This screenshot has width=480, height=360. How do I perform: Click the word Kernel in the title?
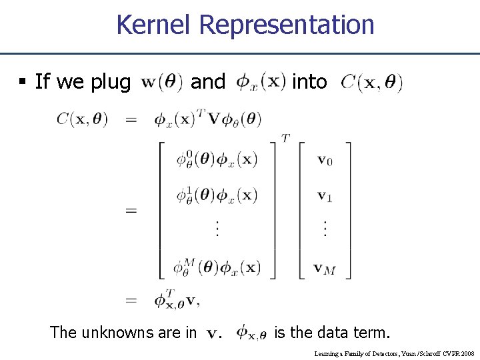[154, 25]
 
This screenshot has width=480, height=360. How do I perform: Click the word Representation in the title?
[287, 25]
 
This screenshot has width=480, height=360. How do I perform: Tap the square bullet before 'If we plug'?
[22, 82]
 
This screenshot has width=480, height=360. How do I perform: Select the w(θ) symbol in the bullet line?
[163, 83]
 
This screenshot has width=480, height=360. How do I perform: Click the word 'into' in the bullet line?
[310, 82]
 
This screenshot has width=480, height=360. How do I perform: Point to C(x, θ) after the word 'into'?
[372, 83]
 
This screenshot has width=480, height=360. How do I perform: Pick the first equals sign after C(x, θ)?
[131, 120]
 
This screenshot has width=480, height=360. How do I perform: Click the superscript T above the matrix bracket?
[285, 137]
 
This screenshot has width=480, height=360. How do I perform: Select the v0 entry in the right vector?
[325, 159]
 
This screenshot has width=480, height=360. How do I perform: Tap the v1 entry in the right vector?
[325, 196]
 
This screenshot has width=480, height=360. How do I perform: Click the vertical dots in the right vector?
[325, 229]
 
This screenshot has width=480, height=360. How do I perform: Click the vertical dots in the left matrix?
[216, 229]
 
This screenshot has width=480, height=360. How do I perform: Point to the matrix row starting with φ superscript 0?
[216, 160]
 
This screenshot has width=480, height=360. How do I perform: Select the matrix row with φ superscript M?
[216, 267]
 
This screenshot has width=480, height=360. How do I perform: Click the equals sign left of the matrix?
[131, 211]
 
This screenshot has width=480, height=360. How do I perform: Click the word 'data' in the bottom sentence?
[317, 332]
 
